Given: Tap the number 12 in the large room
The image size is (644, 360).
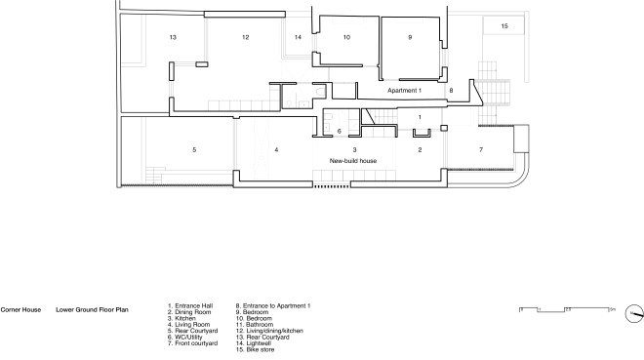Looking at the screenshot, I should (x=246, y=36).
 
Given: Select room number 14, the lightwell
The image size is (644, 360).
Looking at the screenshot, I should (x=299, y=36).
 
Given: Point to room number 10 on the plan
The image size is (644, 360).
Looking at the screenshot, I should (x=345, y=36).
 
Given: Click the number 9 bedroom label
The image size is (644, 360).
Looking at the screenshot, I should (x=410, y=36).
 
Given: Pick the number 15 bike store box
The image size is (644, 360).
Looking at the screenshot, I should (x=504, y=26).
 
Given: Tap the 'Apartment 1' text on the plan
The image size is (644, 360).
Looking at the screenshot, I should (x=404, y=90).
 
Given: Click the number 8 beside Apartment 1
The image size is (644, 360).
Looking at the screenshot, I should (x=451, y=90).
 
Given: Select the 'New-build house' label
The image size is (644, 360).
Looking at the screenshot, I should (x=353, y=160).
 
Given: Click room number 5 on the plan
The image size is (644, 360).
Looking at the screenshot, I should (x=194, y=149).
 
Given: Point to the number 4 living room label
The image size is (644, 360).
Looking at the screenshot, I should (x=276, y=149).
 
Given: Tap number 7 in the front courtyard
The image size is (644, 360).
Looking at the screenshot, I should (x=480, y=149).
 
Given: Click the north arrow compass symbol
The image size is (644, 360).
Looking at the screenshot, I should (x=634, y=312).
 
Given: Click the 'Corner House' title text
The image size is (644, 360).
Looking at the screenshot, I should (x=20, y=308).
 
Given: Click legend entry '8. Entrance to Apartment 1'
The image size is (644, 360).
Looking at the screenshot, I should (x=273, y=308).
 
